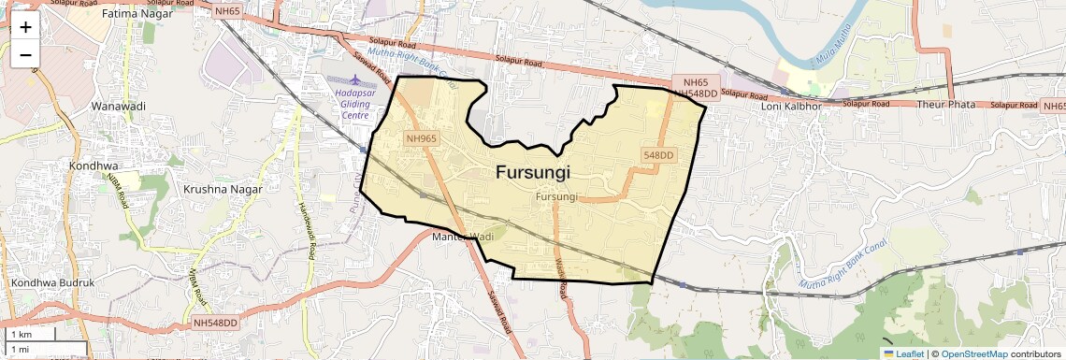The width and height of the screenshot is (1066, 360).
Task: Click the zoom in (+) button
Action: [25, 27]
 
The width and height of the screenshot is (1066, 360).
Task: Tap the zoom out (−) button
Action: [25, 54]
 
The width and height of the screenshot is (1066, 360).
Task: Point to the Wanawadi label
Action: [118, 106]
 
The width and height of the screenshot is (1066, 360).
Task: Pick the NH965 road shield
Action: [421, 138]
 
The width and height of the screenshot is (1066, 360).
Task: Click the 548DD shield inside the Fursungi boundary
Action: [658, 154]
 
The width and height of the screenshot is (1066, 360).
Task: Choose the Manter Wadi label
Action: [461, 237]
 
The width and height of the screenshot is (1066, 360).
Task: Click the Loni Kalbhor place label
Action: [791, 106]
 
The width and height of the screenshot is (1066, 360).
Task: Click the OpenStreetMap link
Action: [973, 353]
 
